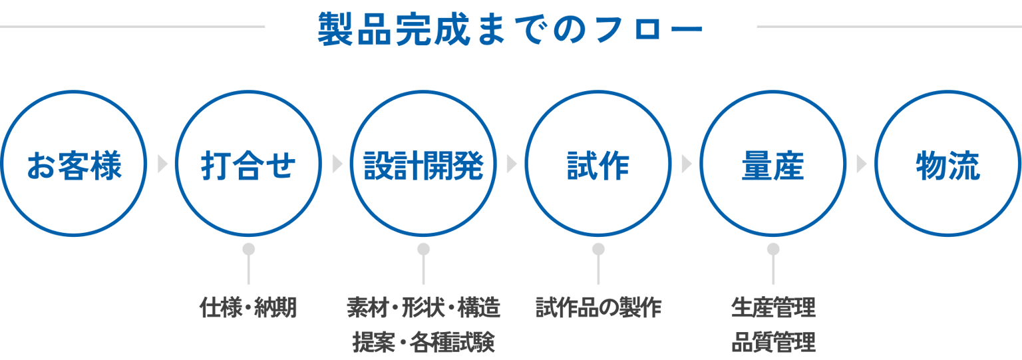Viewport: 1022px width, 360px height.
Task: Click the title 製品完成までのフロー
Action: (x=510, y=29)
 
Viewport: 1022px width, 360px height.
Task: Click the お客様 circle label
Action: (x=74, y=165)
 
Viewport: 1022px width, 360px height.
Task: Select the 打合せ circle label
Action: (x=249, y=165)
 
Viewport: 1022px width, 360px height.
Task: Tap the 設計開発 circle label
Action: (x=423, y=165)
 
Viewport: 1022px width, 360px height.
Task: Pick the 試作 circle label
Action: (x=598, y=165)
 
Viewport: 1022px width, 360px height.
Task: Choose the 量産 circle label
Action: (x=773, y=165)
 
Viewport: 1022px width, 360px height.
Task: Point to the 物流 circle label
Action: (x=947, y=165)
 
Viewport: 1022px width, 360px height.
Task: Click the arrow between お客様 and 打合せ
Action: (x=162, y=164)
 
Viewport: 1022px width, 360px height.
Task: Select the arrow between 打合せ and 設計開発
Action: (x=337, y=164)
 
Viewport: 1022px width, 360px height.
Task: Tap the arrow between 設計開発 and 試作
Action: (x=512, y=164)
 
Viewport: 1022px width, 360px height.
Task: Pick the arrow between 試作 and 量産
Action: (x=686, y=164)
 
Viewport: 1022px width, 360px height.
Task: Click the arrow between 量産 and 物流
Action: (x=862, y=164)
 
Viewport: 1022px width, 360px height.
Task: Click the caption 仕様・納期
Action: (x=249, y=307)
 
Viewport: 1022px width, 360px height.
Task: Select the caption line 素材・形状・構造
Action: (x=423, y=307)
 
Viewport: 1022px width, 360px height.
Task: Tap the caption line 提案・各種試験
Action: (x=423, y=342)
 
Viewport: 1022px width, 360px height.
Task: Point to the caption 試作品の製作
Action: (x=598, y=307)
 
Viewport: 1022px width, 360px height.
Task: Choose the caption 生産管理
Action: (x=773, y=307)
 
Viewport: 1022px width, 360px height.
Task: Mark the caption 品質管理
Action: (x=773, y=342)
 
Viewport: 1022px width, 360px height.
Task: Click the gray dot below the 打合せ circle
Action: (x=249, y=249)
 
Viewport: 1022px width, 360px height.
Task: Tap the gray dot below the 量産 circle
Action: (x=773, y=249)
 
